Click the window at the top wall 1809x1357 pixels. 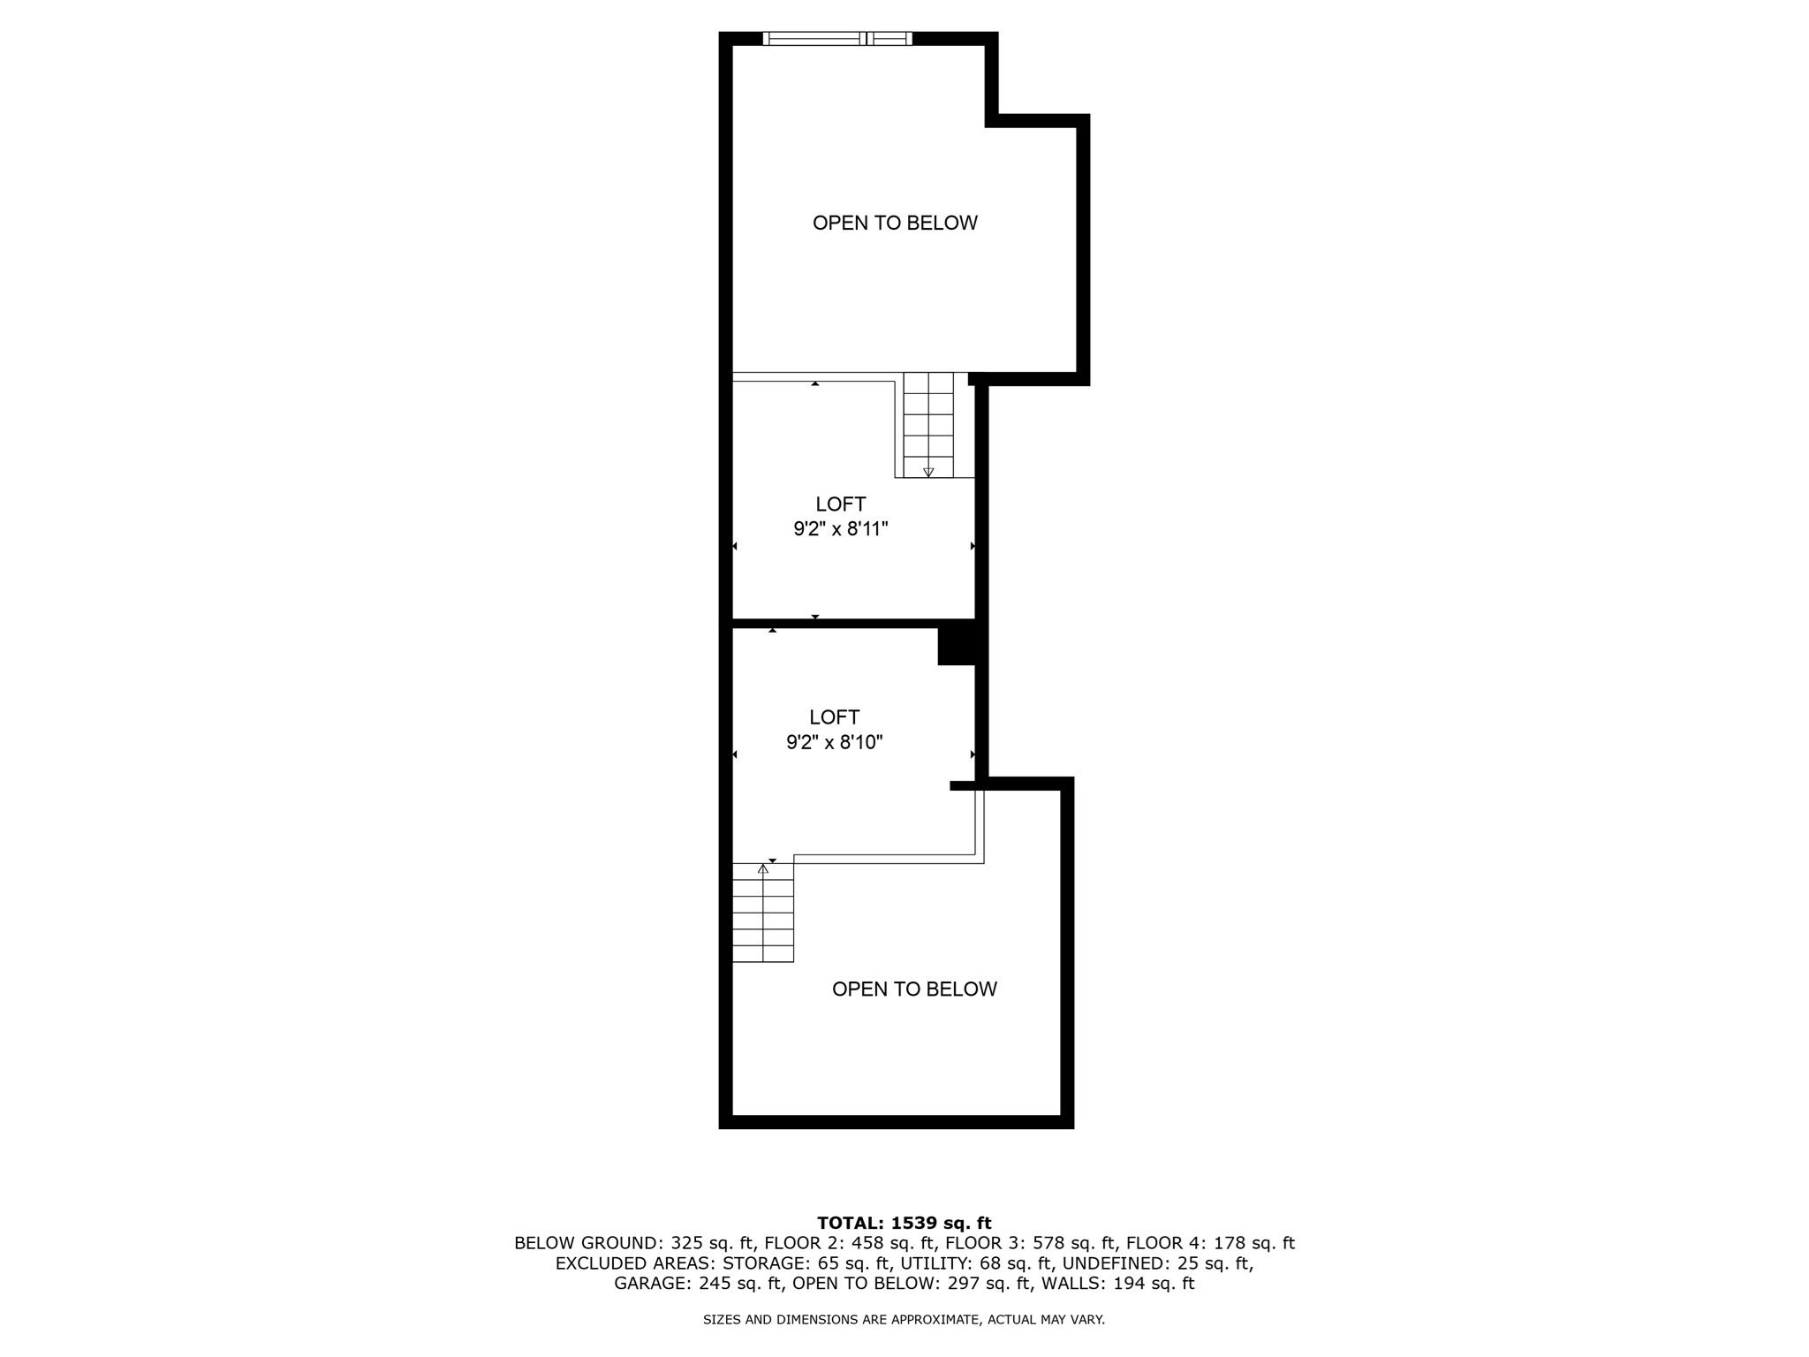coord(836,38)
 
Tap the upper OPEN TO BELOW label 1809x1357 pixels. coord(895,223)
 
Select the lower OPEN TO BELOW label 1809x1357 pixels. coord(914,989)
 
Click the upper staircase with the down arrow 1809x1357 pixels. coord(928,424)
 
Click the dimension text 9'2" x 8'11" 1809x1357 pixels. coord(840,529)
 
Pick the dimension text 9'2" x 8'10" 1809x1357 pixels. coord(835,742)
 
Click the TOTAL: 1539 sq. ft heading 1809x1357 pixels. coord(904,1223)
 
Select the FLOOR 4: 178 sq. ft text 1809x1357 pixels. coord(1210,1243)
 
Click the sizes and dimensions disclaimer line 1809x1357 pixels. coord(904,1320)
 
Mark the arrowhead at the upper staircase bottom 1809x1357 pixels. coord(928,473)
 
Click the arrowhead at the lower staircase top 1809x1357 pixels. coord(763,869)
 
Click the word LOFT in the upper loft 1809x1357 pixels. coord(840,504)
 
